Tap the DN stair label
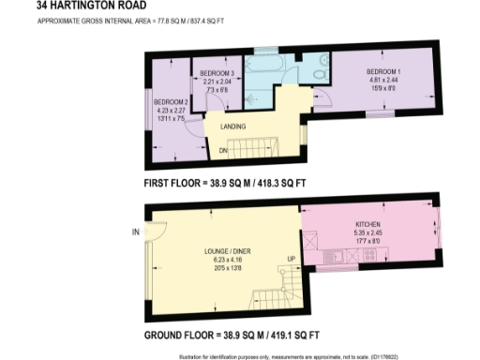pyautogui.click(x=224, y=150)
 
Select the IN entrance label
pyautogui.click(x=136, y=232)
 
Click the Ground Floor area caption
pyautogui.click(x=232, y=335)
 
